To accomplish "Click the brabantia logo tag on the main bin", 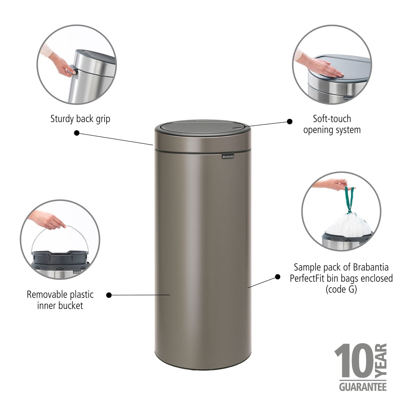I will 228,156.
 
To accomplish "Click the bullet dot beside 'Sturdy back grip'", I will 77,133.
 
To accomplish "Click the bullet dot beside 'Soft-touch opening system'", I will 290,121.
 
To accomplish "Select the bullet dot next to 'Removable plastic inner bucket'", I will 109,295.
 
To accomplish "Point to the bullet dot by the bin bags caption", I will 277,276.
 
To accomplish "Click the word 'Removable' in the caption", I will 46,294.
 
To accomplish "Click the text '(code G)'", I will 341,289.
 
